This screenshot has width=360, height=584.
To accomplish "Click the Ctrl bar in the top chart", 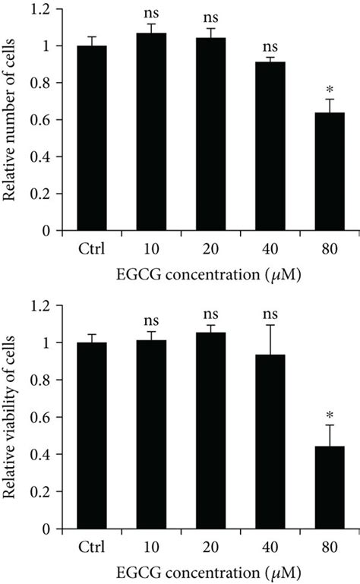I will [x=93, y=138].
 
